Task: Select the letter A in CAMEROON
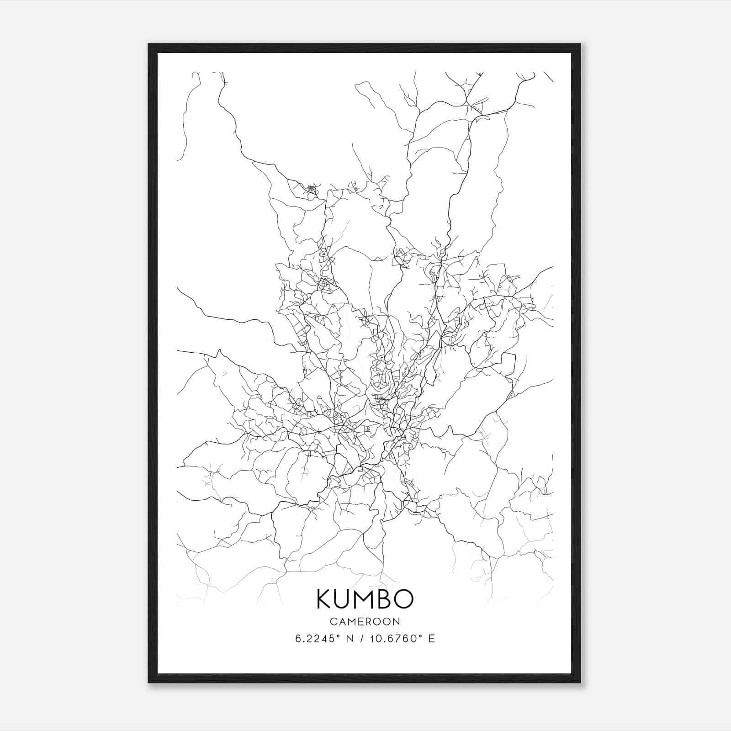[341, 621]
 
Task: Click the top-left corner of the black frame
[149, 45]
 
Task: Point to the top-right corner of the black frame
[580, 45]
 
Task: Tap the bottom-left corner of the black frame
[149, 682]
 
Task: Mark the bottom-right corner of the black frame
[580, 682]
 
